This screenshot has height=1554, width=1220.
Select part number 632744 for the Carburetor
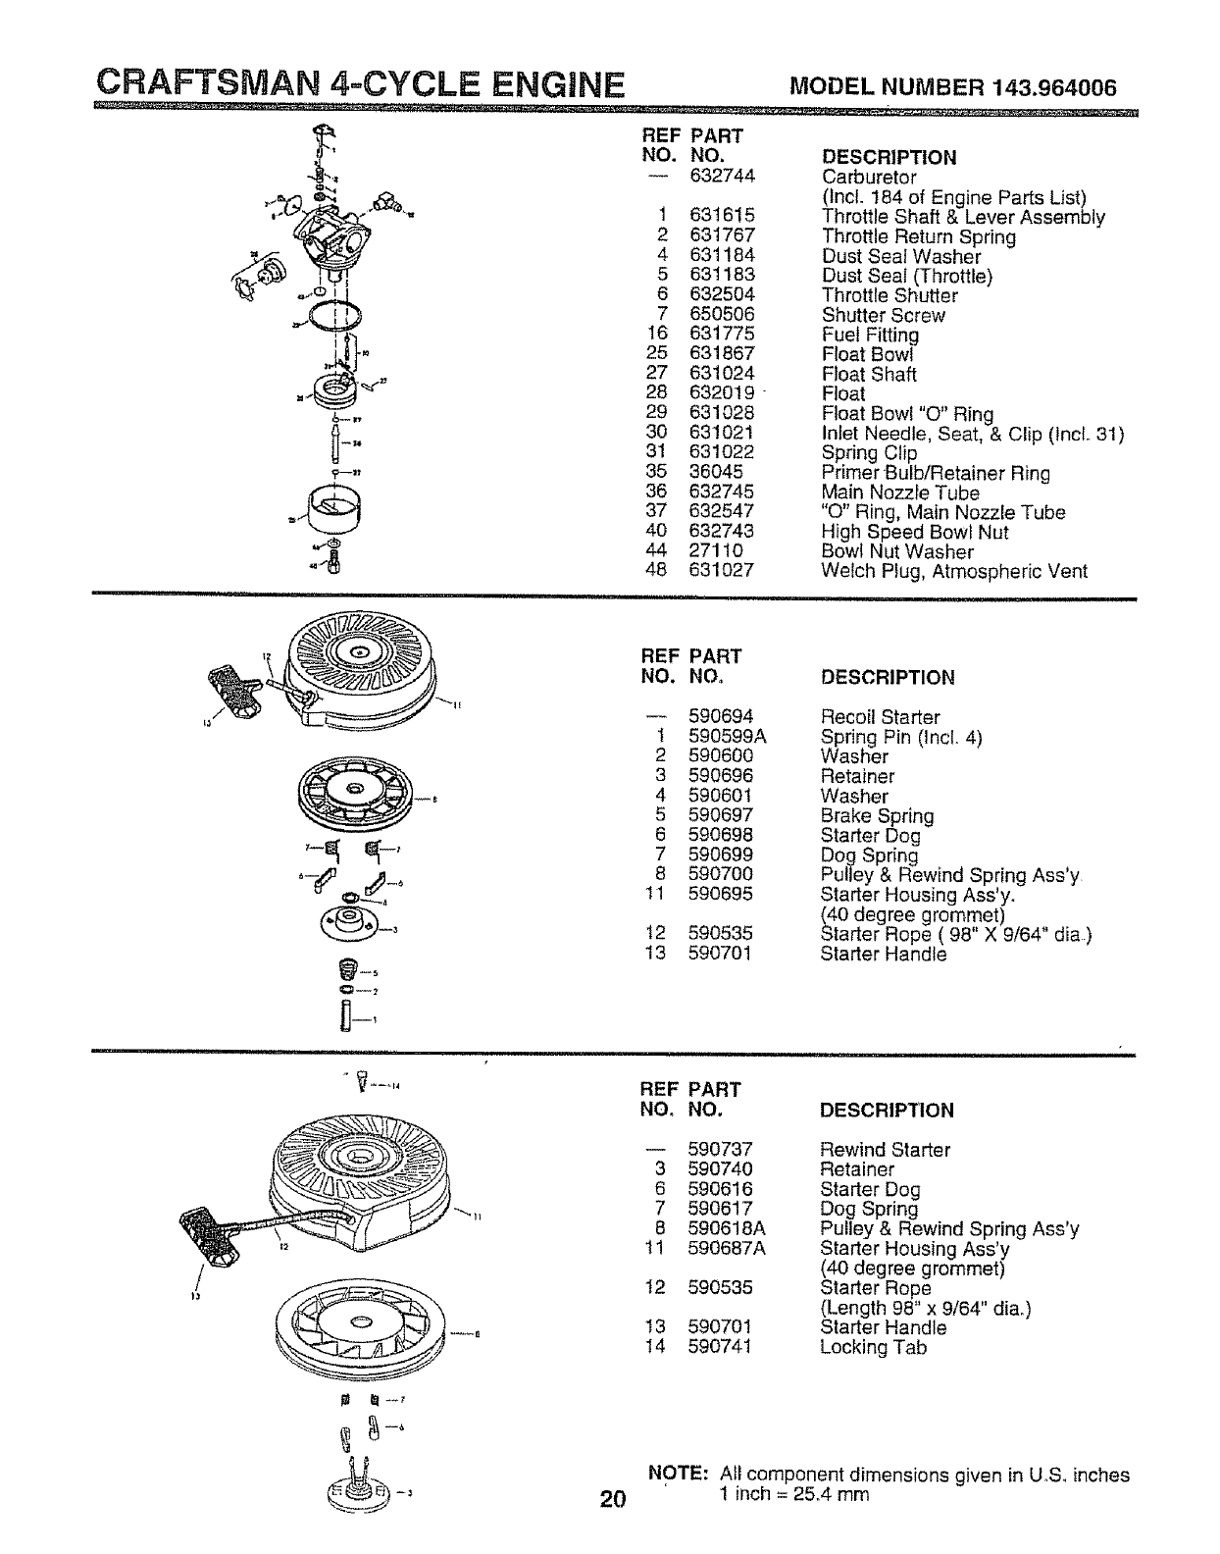(721, 178)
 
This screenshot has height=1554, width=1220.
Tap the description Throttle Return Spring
(918, 236)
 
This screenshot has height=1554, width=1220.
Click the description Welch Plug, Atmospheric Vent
(953, 571)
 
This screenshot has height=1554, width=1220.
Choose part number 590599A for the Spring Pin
(727, 737)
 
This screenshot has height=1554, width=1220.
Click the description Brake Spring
(877, 815)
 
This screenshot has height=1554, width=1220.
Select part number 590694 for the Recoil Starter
(721, 717)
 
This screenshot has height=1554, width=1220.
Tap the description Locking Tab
(873, 1347)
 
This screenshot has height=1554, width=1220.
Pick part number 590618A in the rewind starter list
(727, 1228)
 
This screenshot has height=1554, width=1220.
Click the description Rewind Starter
(885, 1149)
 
